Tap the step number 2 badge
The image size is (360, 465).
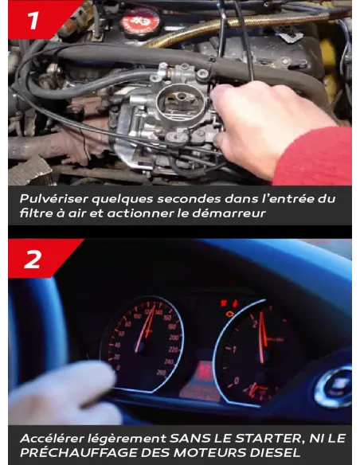[x=33, y=259]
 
